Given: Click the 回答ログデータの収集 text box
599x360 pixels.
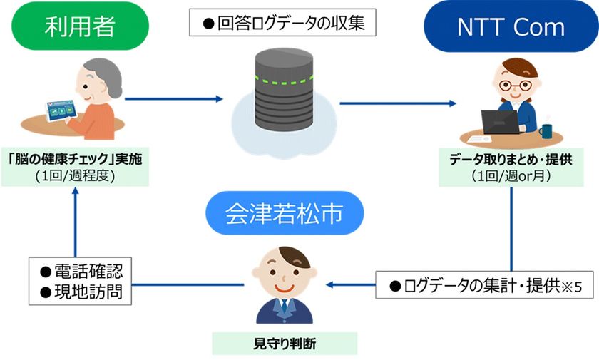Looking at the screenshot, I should [x=283, y=22].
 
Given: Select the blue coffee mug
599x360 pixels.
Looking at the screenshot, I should [x=546, y=130].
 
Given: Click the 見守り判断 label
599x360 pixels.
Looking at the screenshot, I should [x=285, y=344].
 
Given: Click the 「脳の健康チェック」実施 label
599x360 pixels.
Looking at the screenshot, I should [x=76, y=159].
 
